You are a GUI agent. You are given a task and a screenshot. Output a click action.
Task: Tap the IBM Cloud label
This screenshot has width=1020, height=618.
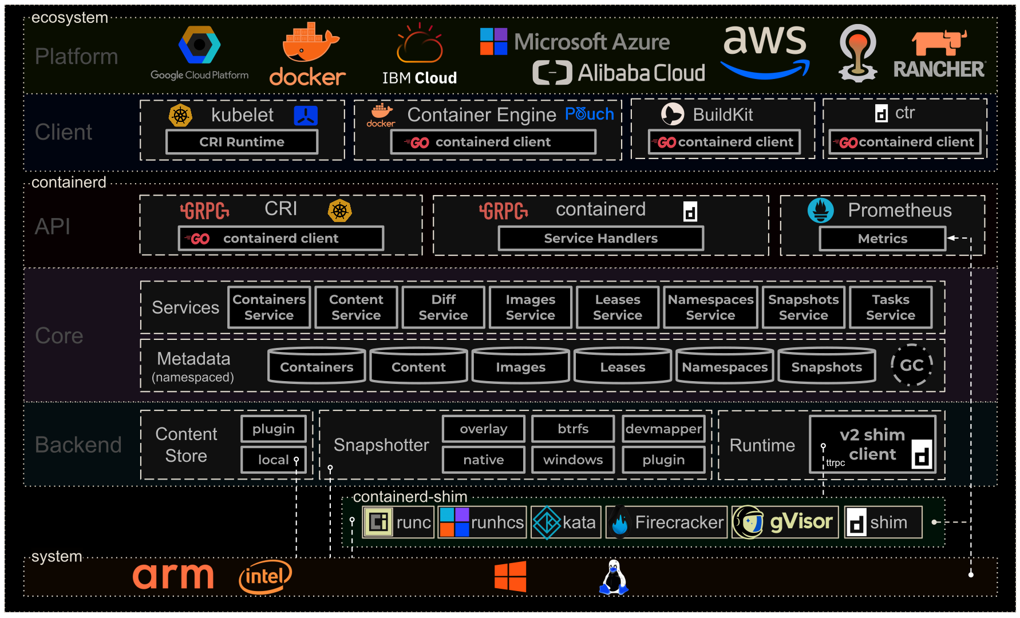(x=419, y=78)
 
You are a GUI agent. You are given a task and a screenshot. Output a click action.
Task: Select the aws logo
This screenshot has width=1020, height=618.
(x=765, y=50)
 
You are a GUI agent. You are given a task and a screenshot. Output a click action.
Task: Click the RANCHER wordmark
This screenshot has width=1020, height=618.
(x=939, y=70)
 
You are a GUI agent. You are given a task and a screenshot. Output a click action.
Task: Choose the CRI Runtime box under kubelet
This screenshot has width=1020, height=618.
(x=242, y=142)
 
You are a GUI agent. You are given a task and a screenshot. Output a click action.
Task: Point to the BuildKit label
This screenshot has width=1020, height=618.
(x=722, y=115)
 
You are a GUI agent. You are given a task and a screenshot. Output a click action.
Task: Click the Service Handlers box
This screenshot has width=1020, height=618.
(x=600, y=239)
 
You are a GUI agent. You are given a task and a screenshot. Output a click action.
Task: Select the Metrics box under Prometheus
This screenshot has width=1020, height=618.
(x=882, y=239)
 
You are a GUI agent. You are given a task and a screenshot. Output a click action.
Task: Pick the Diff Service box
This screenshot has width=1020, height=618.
(x=443, y=307)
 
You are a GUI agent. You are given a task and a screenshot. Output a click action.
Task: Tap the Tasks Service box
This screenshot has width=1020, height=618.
(x=890, y=307)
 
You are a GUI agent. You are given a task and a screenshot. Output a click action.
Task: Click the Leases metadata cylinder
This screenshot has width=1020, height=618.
(x=622, y=366)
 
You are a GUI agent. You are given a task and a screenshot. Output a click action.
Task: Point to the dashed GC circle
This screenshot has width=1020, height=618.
(x=911, y=365)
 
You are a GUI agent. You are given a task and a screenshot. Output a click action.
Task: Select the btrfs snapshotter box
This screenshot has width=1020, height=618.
(x=573, y=429)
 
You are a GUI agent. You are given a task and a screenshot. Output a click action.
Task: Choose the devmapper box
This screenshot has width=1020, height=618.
(x=663, y=429)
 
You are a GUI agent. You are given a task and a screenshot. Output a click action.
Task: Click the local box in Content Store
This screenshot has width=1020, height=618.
(x=273, y=460)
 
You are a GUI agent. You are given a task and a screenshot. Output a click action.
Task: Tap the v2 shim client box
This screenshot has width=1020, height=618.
(x=872, y=445)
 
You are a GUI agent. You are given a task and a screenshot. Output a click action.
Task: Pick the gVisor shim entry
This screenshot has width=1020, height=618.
(x=785, y=522)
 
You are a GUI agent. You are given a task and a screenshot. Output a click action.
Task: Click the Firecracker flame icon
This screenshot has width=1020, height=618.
(x=619, y=522)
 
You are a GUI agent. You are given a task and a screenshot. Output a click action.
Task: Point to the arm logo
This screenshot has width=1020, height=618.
(x=173, y=576)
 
